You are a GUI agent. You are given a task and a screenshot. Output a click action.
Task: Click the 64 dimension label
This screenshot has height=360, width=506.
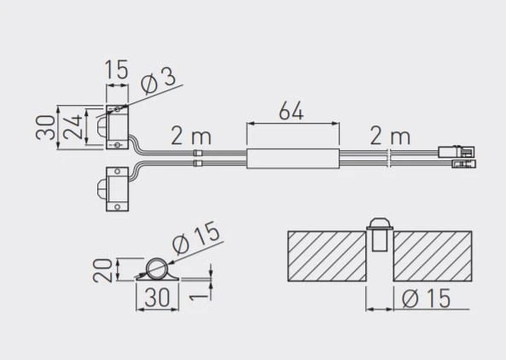coord(291,111)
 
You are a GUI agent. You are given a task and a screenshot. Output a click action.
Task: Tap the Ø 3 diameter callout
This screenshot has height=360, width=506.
coord(158,82)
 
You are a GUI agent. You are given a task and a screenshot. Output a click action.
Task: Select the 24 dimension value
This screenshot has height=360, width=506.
coord(73,127)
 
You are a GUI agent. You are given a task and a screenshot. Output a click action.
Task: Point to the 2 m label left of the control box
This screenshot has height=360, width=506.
coord(191,136)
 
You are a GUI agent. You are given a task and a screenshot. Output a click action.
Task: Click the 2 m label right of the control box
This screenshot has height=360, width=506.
coord(390,136)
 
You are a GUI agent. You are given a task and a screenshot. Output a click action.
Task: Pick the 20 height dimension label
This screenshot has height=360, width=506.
coord(102,270)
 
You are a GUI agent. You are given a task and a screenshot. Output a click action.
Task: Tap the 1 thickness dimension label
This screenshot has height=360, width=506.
coord(195,296)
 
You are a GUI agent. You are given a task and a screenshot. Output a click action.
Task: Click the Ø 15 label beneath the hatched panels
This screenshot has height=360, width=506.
coord(426,298)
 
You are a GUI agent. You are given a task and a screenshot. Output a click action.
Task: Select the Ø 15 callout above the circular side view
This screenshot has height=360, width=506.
coord(196,237)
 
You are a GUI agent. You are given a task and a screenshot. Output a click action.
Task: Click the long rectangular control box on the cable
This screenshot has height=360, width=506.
coord(293,159)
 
